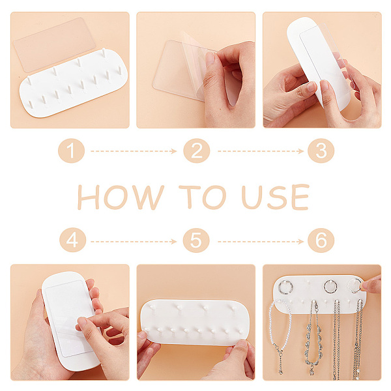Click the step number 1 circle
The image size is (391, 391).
(x=71, y=151)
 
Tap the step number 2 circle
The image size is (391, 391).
(x=197, y=151)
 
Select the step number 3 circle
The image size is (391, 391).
(x=321, y=151)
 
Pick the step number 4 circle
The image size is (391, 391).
(x=72, y=240)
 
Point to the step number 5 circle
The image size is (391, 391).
(x=196, y=240)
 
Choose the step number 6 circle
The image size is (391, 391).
(x=321, y=240)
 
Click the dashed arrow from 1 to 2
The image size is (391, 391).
(x=134, y=151)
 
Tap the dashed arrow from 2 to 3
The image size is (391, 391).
(x=261, y=151)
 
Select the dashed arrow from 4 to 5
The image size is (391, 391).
(x=134, y=241)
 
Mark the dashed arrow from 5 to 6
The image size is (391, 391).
(x=261, y=241)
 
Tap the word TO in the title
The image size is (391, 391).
(x=203, y=197)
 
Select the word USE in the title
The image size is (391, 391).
(x=276, y=197)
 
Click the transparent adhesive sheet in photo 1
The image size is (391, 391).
(x=54, y=45)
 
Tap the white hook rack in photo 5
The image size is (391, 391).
(x=194, y=323)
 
